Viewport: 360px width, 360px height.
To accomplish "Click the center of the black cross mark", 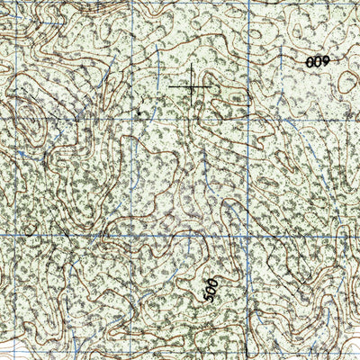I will pos(192,87).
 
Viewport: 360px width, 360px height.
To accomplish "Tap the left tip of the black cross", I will pos(169,87).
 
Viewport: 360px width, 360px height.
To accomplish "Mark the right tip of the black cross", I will pos(214,87).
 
